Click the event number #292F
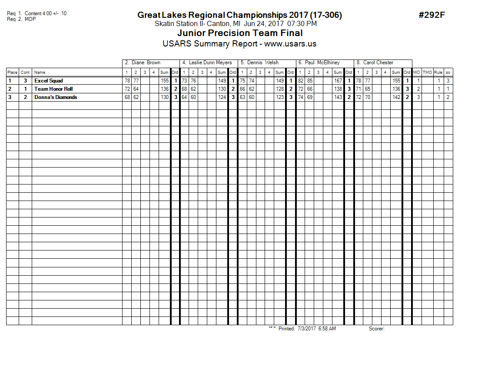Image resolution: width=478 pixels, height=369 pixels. [432, 15]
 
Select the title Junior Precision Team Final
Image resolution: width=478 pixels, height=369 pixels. [240, 33]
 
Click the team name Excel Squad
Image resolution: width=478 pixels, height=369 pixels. [49, 81]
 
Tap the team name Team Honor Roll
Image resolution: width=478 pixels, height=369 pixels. [53, 89]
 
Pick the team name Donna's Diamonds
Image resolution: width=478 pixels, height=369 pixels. [56, 97]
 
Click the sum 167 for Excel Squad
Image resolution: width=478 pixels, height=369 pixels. [338, 81]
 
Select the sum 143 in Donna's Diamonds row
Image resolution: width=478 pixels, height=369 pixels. [338, 97]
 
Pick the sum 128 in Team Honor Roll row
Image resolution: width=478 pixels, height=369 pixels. [280, 89]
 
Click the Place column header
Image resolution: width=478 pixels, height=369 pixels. [12, 72]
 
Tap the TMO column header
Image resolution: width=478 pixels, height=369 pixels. [427, 72]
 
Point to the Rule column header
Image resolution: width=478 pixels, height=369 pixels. [438, 72]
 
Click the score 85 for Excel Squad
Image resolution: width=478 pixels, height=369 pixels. [309, 81]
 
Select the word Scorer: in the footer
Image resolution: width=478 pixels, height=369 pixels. [377, 329]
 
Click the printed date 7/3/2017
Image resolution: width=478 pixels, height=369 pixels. [306, 329]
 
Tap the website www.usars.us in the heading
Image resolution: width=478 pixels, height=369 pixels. [290, 44]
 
